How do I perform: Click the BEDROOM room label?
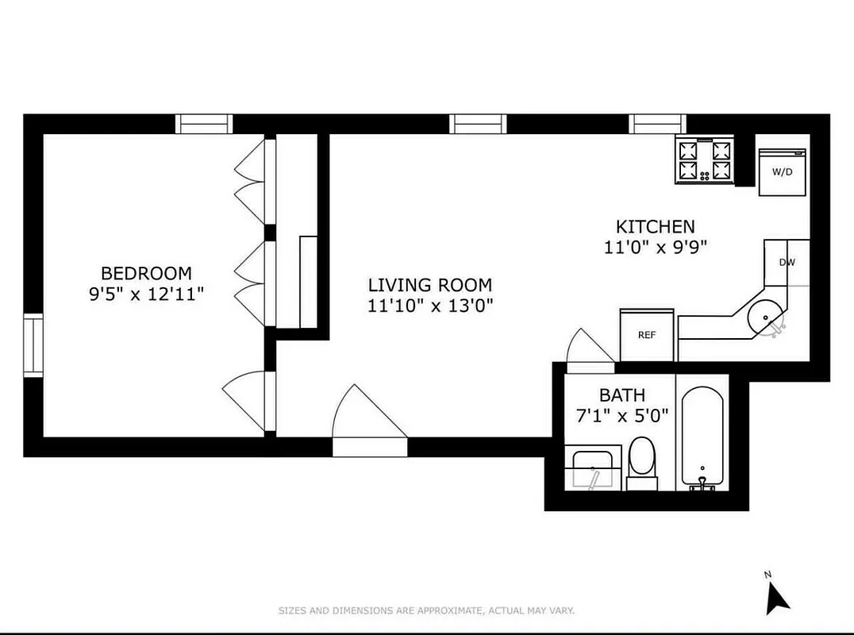pyautogui.click(x=146, y=274)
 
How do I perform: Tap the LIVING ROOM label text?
pyautogui.click(x=429, y=285)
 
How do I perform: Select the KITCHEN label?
pyautogui.click(x=655, y=227)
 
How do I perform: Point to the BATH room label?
pyautogui.click(x=621, y=394)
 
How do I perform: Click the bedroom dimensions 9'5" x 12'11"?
pyautogui.click(x=146, y=294)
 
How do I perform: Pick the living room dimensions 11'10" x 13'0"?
pyautogui.click(x=429, y=305)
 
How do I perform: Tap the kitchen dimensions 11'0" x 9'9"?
pyautogui.click(x=655, y=246)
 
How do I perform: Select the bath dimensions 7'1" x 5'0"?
pyautogui.click(x=621, y=414)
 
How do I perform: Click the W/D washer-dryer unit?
pyautogui.click(x=782, y=171)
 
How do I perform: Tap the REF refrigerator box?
pyautogui.click(x=647, y=334)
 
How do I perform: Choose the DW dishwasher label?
pyautogui.click(x=787, y=263)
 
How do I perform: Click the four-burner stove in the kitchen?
pyautogui.click(x=704, y=160)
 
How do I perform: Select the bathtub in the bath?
pyautogui.click(x=703, y=437)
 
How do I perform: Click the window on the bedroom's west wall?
pyautogui.click(x=33, y=345)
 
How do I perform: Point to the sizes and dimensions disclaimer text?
pyautogui.click(x=425, y=610)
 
